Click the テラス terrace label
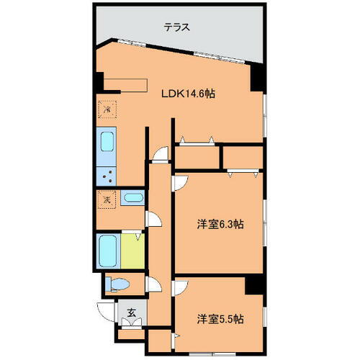click(176, 28)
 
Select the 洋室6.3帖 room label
click(220, 224)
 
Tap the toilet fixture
click(117, 284)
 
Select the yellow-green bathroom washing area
click(132, 249)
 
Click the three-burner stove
click(107, 173)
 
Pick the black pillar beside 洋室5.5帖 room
click(253, 286)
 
